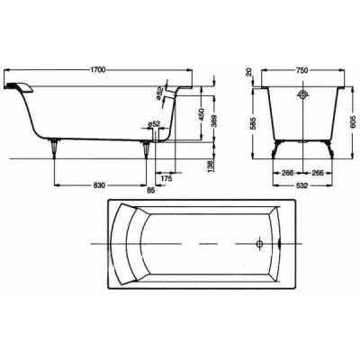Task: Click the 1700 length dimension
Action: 98,70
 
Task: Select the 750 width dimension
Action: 302,70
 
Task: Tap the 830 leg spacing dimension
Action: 99,185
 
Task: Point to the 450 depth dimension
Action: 202,114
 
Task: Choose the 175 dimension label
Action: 166,178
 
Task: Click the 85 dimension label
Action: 151,191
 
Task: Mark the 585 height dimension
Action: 254,122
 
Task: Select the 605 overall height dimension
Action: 353,121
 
